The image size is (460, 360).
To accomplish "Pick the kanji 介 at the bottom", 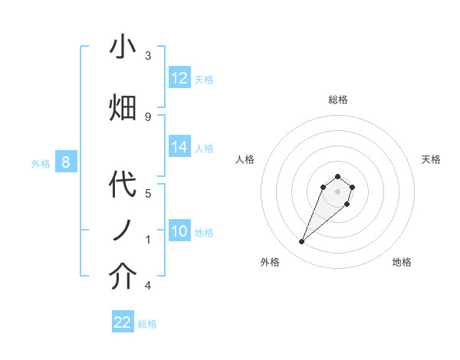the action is coord(123,277).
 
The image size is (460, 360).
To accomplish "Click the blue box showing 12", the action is coord(179,78).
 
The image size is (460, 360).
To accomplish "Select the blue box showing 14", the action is coord(179,147).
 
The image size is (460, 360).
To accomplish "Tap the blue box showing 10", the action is coord(179,231).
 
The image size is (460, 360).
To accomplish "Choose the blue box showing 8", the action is coord(66,162).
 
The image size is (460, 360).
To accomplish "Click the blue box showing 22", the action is coord(123,322).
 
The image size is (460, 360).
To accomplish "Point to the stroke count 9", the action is coord(148,116).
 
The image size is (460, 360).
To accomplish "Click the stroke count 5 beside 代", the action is coord(148,193).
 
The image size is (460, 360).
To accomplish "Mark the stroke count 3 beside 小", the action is coord(148,56).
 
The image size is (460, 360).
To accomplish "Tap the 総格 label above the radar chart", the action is coord(338,100).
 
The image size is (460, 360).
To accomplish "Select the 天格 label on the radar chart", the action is coord(431,159).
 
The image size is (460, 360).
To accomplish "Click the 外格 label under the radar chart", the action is coord(269,262).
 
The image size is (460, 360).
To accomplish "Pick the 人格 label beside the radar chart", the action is coord(245,159).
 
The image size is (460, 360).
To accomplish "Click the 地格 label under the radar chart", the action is coord(402,262).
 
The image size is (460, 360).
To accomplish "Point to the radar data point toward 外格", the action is coord(302,242).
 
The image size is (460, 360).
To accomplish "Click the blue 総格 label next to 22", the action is coord(147,324).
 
